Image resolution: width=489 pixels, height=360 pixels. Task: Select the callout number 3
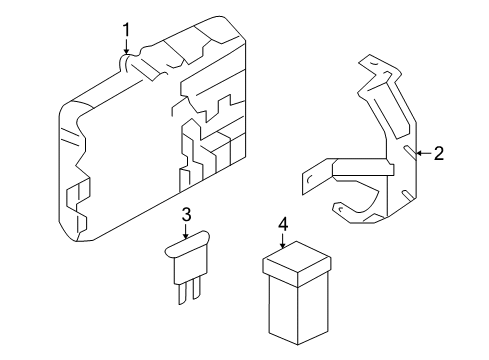pos(187,215)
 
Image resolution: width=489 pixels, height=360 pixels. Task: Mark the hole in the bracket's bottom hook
pos(341,209)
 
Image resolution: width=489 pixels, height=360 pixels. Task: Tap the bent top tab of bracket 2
pos(372,66)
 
